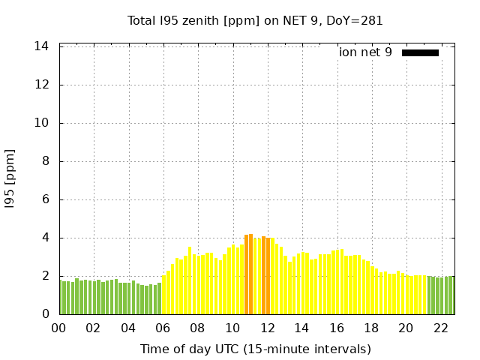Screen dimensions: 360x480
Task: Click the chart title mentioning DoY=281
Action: (x=255, y=20)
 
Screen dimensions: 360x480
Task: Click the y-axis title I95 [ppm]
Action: (x=10, y=179)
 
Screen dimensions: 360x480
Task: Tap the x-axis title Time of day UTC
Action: (x=255, y=349)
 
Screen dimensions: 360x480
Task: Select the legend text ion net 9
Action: (x=365, y=52)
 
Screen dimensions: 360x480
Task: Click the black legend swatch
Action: (x=420, y=52)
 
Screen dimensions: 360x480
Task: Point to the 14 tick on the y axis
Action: (x=42, y=46)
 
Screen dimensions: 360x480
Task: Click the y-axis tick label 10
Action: (x=42, y=123)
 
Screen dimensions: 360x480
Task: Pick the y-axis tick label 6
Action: (x=45, y=199)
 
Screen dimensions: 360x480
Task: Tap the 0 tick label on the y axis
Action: (x=45, y=314)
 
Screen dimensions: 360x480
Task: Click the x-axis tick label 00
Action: (x=59, y=328)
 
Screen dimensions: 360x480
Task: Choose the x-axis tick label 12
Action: (x=268, y=328)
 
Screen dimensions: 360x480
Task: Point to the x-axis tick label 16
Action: (x=337, y=328)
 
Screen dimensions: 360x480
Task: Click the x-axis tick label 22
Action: (x=441, y=328)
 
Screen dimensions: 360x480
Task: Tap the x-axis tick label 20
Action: (x=406, y=328)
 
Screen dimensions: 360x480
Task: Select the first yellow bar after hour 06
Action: (x=164, y=295)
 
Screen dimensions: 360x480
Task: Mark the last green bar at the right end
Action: (x=451, y=295)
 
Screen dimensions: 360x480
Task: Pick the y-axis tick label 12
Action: (x=42, y=85)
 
